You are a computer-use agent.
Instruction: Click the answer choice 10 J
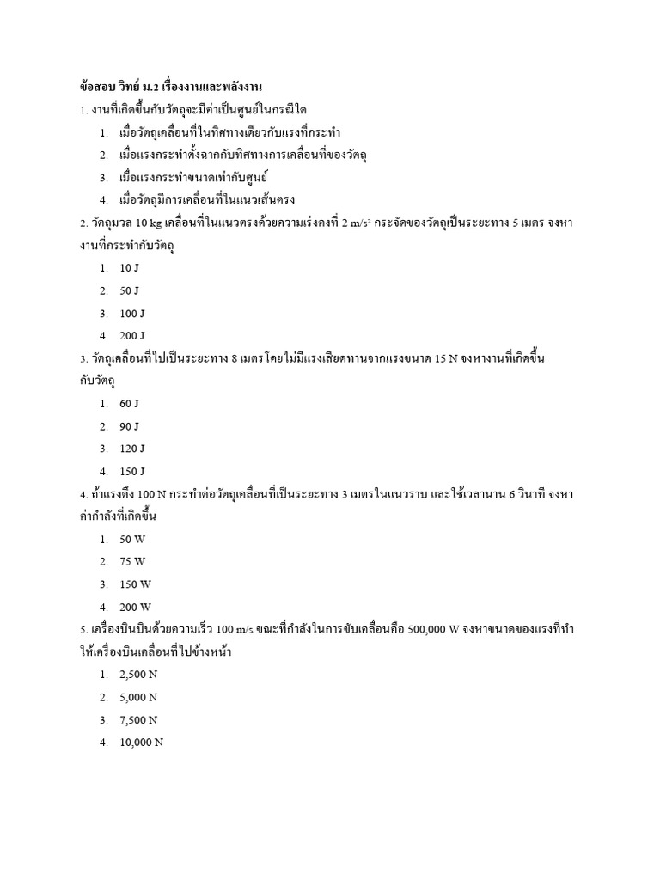pyautogui.click(x=129, y=268)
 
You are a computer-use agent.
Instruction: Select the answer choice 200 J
pyautogui.click(x=132, y=335)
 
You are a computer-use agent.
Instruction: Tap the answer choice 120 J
pyautogui.click(x=132, y=449)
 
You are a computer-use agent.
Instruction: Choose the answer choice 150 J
pyautogui.click(x=132, y=471)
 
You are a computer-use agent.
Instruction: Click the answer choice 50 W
pyautogui.click(x=132, y=539)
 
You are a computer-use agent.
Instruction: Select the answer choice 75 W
pyautogui.click(x=132, y=561)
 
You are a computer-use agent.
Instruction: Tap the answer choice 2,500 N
pyautogui.click(x=138, y=675)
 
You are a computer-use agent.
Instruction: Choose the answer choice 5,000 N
pyautogui.click(x=138, y=697)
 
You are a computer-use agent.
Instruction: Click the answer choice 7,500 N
pyautogui.click(x=138, y=719)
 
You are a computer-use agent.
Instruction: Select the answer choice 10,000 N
pyautogui.click(x=141, y=742)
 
